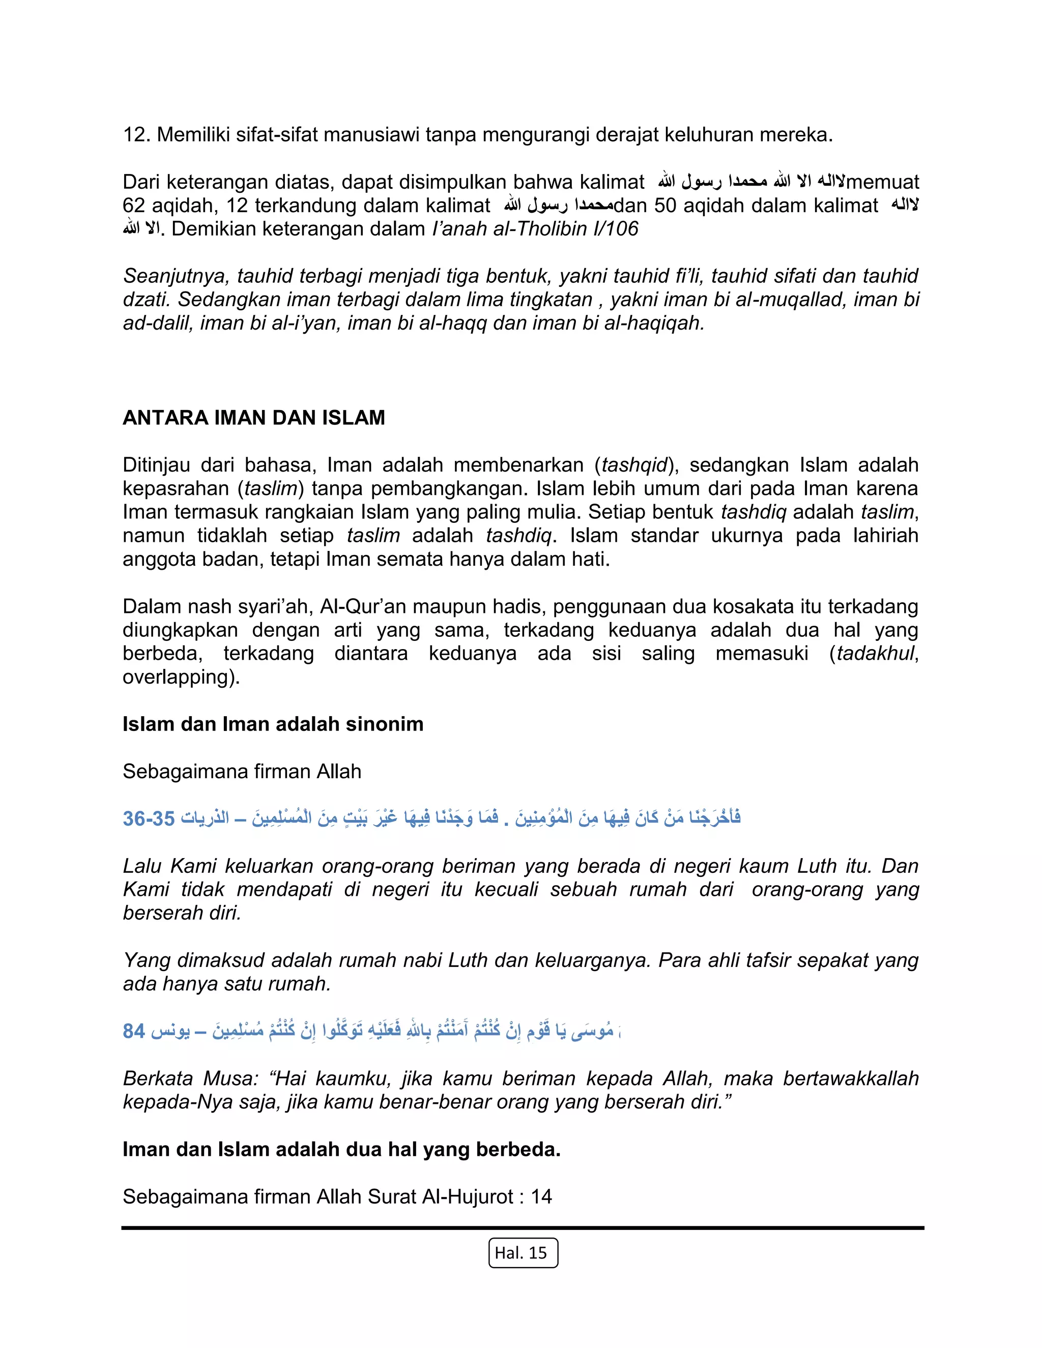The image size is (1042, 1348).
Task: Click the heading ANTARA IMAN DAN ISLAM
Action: coord(254,418)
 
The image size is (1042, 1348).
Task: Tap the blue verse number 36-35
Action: coord(149,818)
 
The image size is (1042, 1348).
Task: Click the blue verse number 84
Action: coord(133,1031)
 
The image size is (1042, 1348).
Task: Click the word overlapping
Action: coord(180,677)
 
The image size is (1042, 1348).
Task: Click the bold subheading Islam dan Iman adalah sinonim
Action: coord(273,724)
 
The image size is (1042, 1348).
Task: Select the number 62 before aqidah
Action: coord(133,206)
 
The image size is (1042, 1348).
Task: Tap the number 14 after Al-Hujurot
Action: coord(541,1197)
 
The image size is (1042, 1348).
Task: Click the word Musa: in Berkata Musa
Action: coord(230,1078)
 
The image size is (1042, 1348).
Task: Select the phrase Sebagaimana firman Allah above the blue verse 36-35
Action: coord(242,772)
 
